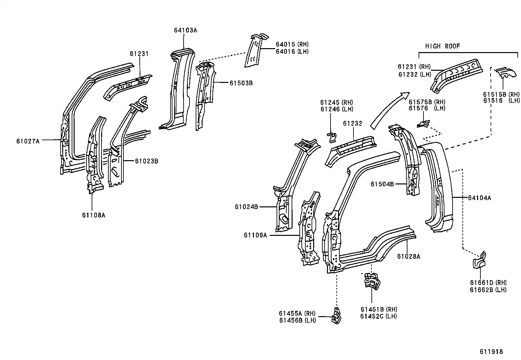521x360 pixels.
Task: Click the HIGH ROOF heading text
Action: [442, 46]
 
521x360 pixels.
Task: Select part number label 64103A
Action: [186, 30]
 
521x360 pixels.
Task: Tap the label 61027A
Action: [28, 141]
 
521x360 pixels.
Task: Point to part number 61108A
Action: [94, 215]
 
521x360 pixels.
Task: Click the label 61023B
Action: [147, 161]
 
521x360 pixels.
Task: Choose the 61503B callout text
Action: [241, 83]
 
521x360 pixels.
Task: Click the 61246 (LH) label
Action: [337, 109]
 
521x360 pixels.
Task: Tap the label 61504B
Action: [382, 184]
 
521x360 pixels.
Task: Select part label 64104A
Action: [479, 198]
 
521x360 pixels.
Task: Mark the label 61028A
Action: [409, 256]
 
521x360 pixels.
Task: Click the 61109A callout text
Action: [255, 235]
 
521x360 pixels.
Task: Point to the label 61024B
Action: [246, 207]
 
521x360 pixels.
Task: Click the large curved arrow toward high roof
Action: [389, 110]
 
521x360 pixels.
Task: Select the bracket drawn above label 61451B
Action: [372, 282]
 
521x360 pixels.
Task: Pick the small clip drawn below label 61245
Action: [332, 138]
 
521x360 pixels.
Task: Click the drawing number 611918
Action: [491, 352]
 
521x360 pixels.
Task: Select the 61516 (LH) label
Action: [501, 101]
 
